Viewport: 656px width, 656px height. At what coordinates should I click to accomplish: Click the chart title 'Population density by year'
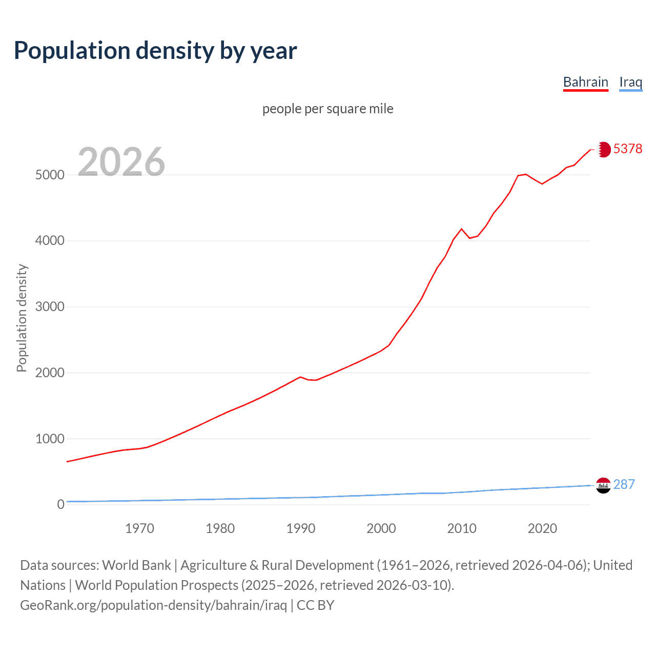pos(155,51)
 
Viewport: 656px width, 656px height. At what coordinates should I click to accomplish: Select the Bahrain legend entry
pos(585,82)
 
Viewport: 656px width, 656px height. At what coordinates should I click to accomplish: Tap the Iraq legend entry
pos(630,82)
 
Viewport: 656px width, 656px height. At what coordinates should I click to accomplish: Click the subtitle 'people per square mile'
pos(327,109)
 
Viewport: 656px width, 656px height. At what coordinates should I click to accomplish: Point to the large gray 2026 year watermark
pos(121,162)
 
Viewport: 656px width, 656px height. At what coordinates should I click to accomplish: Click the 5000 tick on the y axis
pos(50,175)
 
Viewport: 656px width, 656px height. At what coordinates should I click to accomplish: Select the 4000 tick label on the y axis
pos(50,241)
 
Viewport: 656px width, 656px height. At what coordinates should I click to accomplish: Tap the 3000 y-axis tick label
pos(50,307)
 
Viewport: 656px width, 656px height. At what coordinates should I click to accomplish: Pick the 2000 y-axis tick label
pos(50,373)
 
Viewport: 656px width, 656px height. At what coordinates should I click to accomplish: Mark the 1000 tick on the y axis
pos(50,439)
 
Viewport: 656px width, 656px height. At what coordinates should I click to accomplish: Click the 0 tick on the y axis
pos(61,504)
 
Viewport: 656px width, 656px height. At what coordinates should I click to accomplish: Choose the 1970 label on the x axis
pos(139,528)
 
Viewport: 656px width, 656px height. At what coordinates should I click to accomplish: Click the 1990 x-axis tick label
pos(301,528)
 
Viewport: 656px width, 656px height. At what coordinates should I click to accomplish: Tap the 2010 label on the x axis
pos(462,528)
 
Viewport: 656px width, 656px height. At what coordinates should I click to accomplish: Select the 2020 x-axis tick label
pos(542,528)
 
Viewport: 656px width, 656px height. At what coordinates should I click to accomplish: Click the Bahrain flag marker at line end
pos(603,149)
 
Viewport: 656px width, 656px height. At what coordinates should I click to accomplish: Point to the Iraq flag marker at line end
pos(603,485)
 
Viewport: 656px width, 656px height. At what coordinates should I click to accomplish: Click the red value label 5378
pos(627,149)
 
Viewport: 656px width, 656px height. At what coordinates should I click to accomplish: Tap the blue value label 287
pos(624,484)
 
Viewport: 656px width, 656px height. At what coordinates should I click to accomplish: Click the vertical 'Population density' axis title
pos(22,318)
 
